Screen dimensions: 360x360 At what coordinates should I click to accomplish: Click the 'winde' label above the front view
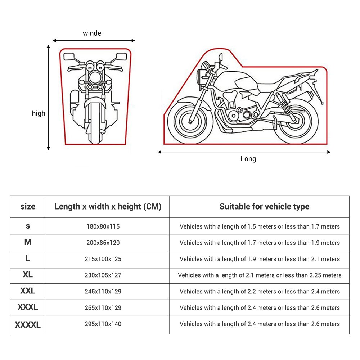(x=92, y=33)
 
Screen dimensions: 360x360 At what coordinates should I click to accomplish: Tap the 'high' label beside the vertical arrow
(x=39, y=113)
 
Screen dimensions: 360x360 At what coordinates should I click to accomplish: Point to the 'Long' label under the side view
(x=248, y=159)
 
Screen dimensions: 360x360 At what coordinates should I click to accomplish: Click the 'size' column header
(x=28, y=206)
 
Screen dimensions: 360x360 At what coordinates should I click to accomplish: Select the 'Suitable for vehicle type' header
(x=264, y=207)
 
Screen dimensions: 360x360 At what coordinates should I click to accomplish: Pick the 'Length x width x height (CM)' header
(x=108, y=207)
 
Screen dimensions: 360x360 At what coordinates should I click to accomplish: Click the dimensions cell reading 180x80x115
(x=103, y=226)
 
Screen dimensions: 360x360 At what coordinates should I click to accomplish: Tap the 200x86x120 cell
(x=103, y=243)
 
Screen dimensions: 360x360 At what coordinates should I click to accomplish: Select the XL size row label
(x=28, y=275)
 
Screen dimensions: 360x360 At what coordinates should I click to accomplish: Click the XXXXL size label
(x=28, y=325)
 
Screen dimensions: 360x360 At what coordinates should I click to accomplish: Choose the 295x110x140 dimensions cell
(x=103, y=324)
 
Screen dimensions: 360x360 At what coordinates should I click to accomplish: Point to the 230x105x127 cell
(x=103, y=275)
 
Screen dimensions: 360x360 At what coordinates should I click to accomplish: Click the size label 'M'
(x=28, y=242)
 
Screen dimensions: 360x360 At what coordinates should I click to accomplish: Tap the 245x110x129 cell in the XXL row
(x=103, y=291)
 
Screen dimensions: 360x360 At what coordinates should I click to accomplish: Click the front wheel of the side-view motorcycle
(x=190, y=121)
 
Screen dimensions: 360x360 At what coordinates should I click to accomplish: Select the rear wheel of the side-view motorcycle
(x=296, y=121)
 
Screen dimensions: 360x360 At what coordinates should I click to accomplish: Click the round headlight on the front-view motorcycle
(x=95, y=77)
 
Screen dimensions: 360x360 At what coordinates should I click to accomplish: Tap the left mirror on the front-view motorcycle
(x=69, y=57)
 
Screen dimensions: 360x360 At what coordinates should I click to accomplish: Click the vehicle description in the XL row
(x=260, y=275)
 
